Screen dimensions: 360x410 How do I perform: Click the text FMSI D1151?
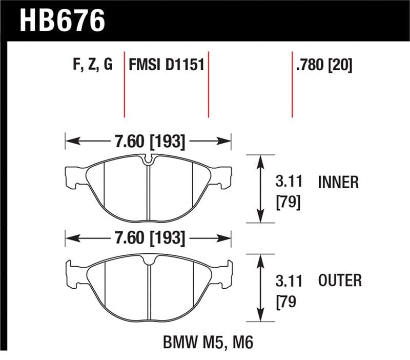pos(166,66)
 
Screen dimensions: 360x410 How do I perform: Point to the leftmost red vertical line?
pos(125,85)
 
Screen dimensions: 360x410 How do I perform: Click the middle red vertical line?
pos(208,85)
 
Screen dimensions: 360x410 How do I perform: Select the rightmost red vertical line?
pos(292,85)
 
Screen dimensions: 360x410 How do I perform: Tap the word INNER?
pos(338,182)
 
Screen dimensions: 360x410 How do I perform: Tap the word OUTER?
pos(340,281)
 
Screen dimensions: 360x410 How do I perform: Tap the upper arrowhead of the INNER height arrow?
pos(261,159)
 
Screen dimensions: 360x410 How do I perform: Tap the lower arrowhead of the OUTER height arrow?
pos(261,317)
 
